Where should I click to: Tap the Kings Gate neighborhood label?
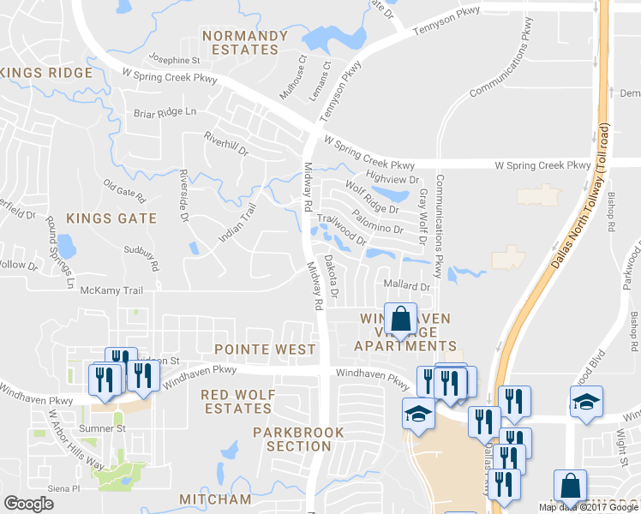pyautogui.click(x=112, y=218)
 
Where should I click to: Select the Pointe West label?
pyautogui.click(x=259, y=350)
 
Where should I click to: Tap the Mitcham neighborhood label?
pyautogui.click(x=216, y=499)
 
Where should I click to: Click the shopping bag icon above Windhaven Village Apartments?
pyautogui.click(x=400, y=320)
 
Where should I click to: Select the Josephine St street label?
pyautogui.click(x=174, y=61)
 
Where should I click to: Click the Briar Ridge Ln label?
pyautogui.click(x=165, y=112)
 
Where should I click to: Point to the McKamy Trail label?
pyautogui.click(x=111, y=290)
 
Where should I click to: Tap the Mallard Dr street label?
pyautogui.click(x=407, y=286)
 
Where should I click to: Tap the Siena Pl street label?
pyautogui.click(x=63, y=488)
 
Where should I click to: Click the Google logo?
pyautogui.click(x=28, y=504)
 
